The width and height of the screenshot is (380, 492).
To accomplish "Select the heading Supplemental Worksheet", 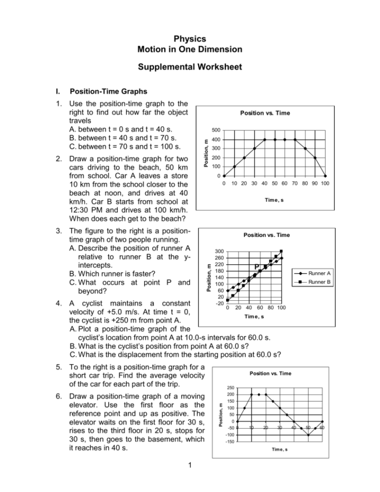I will [x=190, y=66].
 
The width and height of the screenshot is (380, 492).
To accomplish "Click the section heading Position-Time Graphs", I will [x=104, y=92].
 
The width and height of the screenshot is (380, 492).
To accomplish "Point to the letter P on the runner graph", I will [x=257, y=267].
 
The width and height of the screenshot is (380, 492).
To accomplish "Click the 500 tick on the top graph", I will [x=216, y=129].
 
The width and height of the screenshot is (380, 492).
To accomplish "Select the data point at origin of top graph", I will [x=224, y=176].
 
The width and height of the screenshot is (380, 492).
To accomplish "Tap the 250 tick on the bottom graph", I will [x=230, y=388].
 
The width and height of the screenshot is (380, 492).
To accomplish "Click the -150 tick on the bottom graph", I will [x=229, y=441].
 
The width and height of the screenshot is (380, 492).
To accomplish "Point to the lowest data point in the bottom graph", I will [x=308, y=435].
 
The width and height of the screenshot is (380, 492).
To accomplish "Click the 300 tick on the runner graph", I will [x=219, y=252].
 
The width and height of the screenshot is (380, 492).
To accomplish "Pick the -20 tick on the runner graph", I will [x=219, y=303].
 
